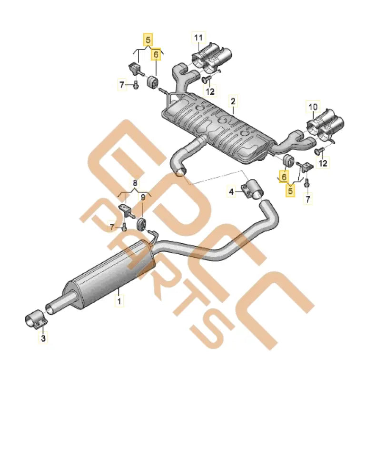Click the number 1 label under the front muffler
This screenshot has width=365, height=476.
[x=119, y=301]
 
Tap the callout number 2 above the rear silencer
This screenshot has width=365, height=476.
[x=233, y=101]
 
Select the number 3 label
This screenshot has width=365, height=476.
[x=43, y=339]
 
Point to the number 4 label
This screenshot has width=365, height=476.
[x=232, y=192]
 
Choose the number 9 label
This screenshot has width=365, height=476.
[x=142, y=196]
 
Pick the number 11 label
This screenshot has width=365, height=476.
[x=198, y=37]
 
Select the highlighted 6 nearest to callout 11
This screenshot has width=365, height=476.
[x=155, y=55]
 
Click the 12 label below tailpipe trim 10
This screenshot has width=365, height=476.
[x=323, y=164]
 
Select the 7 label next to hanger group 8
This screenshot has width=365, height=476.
[x=112, y=228]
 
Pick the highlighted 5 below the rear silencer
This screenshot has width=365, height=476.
[x=289, y=190]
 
